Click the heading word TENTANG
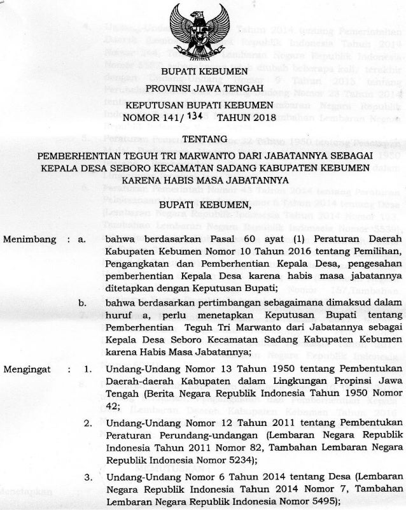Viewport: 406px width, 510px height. pyautogui.click(x=203, y=139)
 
